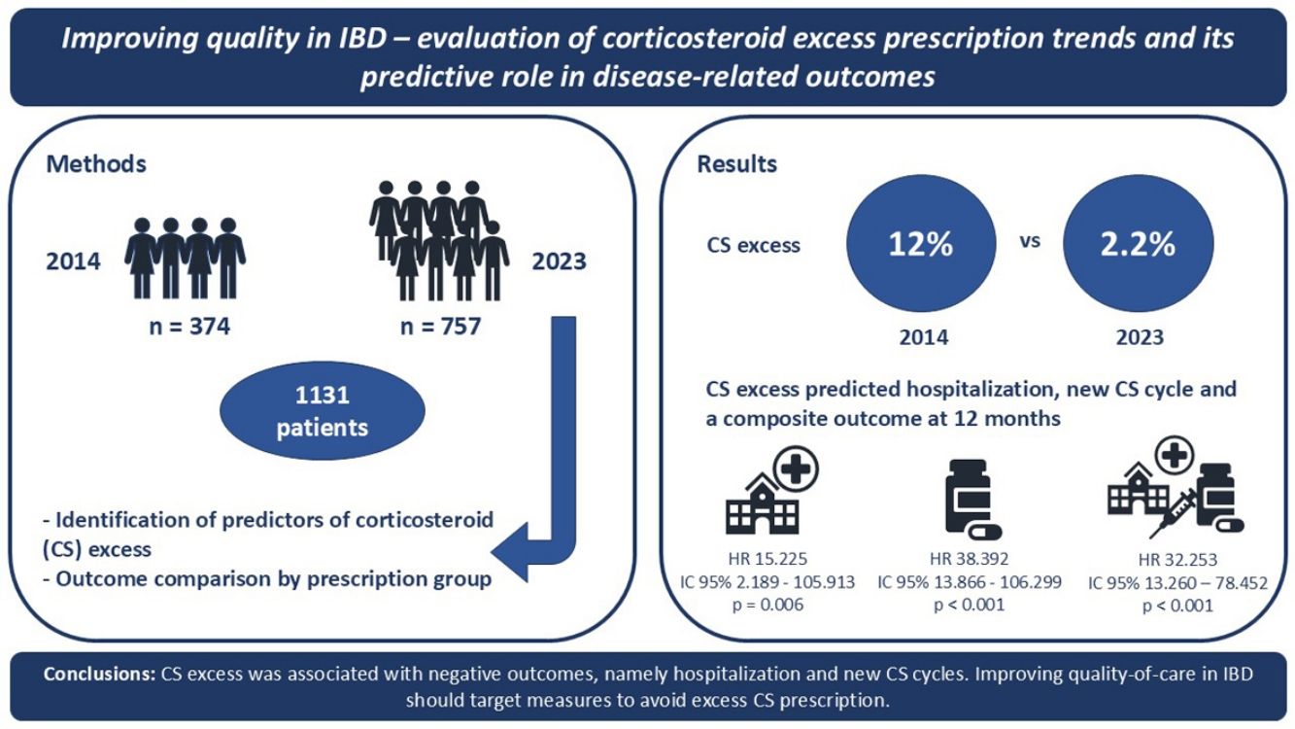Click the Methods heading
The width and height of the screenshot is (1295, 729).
click(96, 163)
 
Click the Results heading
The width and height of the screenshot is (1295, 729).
click(736, 163)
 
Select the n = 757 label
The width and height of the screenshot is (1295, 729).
click(440, 327)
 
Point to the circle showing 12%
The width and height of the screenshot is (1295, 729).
click(921, 244)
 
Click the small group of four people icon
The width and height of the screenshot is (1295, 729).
click(185, 258)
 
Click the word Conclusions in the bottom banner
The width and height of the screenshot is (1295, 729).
click(98, 675)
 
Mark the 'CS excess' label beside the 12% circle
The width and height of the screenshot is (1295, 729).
click(753, 245)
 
